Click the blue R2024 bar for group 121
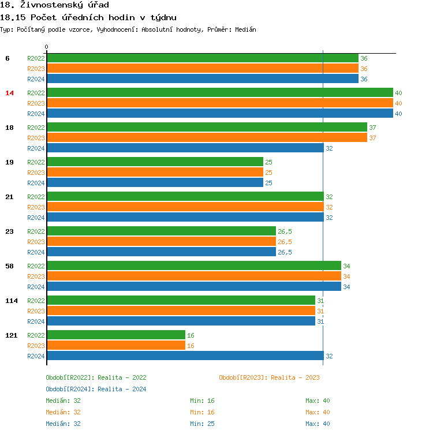pyautogui.click(x=185, y=356)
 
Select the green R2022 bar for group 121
pyautogui.click(x=115, y=335)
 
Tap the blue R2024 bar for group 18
pyautogui.click(x=185, y=148)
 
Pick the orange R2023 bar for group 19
pyautogui.click(x=155, y=173)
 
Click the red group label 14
pyautogui.click(x=9, y=93)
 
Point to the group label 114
pyautogui.click(x=11, y=301)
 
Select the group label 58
pyautogui.click(x=9, y=266)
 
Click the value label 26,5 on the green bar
pyautogui.click(x=285, y=231)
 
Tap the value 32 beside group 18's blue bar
pyautogui.click(x=329, y=148)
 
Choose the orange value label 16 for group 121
pyautogui.click(x=191, y=346)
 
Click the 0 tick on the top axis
pyautogui.click(x=47, y=47)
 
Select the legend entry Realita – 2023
pyautogui.click(x=269, y=377)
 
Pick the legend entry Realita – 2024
pyautogui.click(x=96, y=389)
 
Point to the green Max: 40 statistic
pyautogui.click(x=318, y=401)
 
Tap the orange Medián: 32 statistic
pyautogui.click(x=63, y=412)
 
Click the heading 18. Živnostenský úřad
pyautogui.click(x=55, y=5)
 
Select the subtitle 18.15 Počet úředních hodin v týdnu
pyautogui.click(x=88, y=17)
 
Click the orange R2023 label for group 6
pyautogui.click(x=36, y=69)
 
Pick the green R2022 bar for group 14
pyautogui.click(x=219, y=93)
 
